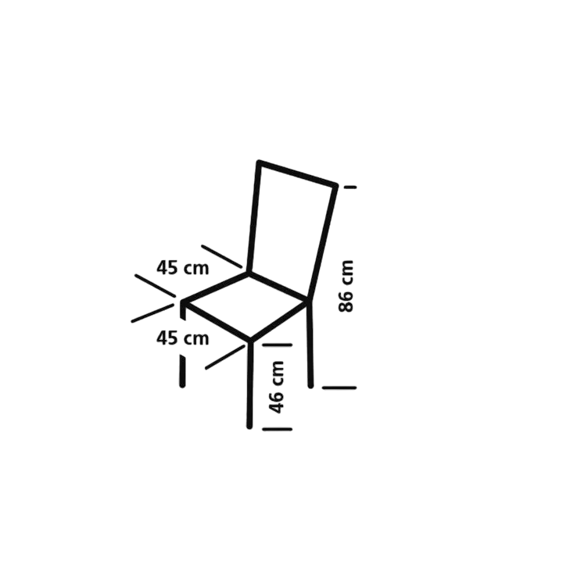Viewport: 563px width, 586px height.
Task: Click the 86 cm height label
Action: click(x=346, y=286)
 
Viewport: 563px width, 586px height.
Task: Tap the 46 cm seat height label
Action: click(x=277, y=388)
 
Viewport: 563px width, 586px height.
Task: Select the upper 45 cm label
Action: click(x=182, y=268)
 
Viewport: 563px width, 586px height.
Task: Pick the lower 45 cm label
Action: click(x=182, y=338)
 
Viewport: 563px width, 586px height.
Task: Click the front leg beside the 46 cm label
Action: click(x=250, y=384)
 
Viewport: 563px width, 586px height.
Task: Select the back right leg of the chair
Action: click(x=310, y=344)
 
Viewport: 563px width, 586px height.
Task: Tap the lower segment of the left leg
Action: click(x=182, y=371)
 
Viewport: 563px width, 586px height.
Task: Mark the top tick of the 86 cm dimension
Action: click(x=350, y=187)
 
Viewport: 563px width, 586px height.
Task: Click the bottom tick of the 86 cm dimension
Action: click(x=339, y=388)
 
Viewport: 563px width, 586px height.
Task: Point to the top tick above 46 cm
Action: click(x=277, y=345)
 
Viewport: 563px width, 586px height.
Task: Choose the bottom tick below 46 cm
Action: click(x=277, y=429)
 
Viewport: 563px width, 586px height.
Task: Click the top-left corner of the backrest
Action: click(x=259, y=163)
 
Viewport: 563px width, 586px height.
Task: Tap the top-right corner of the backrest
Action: click(x=335, y=185)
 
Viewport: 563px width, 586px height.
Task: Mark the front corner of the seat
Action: click(x=250, y=340)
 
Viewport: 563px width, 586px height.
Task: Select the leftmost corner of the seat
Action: click(x=182, y=302)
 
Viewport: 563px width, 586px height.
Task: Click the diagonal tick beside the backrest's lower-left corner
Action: click(x=222, y=256)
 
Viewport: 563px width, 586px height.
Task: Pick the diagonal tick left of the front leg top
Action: click(x=225, y=357)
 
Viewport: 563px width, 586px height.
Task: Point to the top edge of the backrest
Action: click(x=297, y=173)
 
